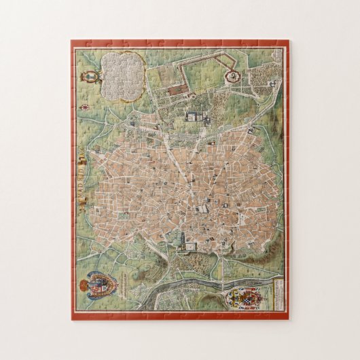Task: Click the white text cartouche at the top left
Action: point(122,70)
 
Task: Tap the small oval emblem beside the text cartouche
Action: point(89,77)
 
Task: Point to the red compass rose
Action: point(86,107)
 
